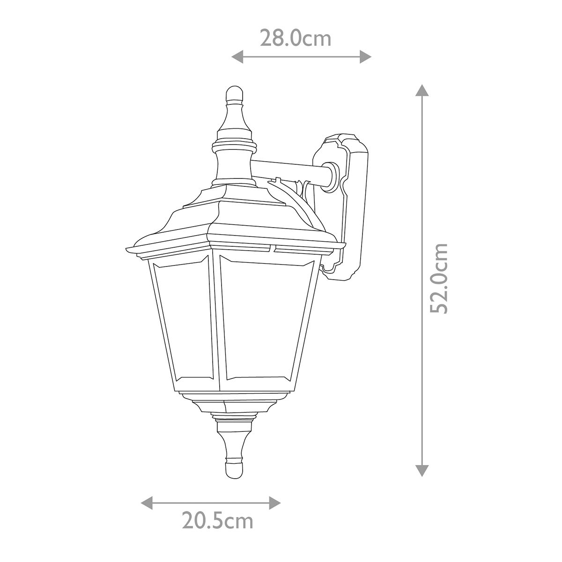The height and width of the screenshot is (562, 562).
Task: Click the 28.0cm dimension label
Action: pyautogui.click(x=296, y=38)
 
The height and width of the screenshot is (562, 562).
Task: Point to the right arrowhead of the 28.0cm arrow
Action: pyautogui.click(x=366, y=57)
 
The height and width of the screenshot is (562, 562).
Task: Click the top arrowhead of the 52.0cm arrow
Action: pyautogui.click(x=422, y=90)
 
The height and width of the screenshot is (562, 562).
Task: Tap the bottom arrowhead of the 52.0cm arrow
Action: pyautogui.click(x=422, y=471)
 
